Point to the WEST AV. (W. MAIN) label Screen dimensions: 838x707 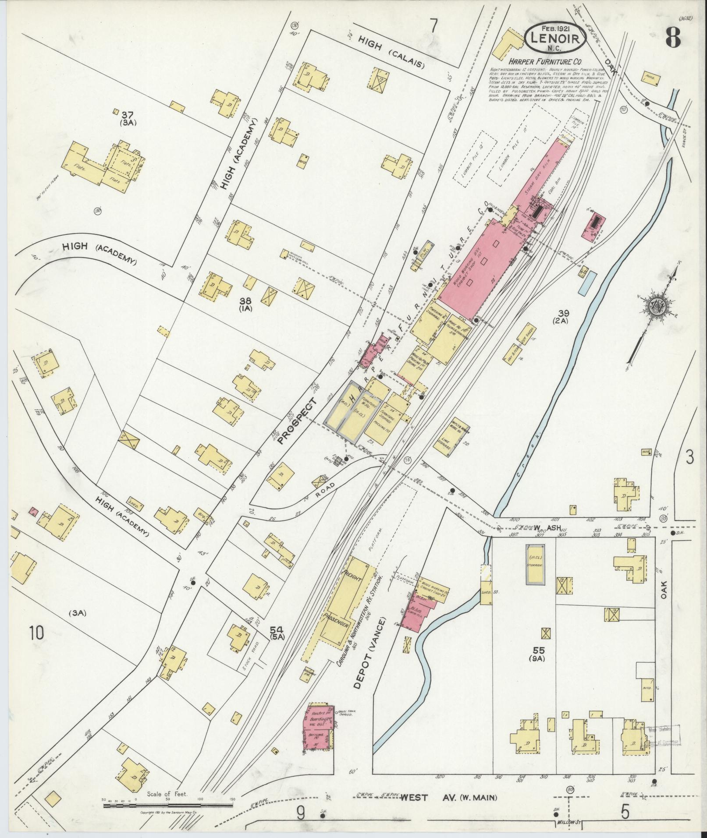coord(449,798)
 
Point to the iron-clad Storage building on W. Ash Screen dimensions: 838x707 coord(536,565)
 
